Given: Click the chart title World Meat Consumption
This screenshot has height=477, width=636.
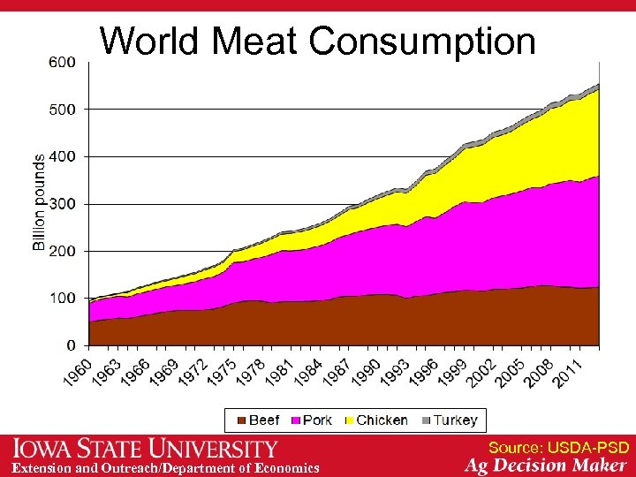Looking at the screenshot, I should [317, 41].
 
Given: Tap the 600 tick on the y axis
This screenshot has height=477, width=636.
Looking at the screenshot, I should [61, 62].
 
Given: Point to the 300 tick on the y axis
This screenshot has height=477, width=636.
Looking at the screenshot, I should [61, 203].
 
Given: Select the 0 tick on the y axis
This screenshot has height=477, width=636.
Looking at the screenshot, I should [70, 344].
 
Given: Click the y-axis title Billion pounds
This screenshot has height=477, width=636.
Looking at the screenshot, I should [39, 202].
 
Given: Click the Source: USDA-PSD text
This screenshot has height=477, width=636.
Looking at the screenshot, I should [558, 448].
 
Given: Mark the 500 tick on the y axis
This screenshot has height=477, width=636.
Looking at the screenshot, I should [61, 109].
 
